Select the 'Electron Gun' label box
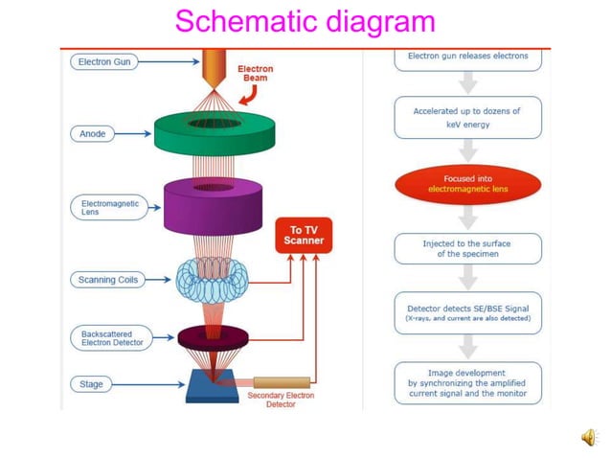pos(104,62)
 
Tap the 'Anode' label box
pos(92,134)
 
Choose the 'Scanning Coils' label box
pos(106,280)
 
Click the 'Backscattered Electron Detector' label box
pos(107,336)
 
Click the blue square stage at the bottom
pos(213,384)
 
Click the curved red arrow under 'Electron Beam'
pos(249,93)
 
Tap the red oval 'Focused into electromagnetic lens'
pos(467,184)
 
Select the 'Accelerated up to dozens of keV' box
pos(467,118)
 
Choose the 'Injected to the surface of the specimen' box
pos(467,249)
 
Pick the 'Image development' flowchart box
pos(467,382)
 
